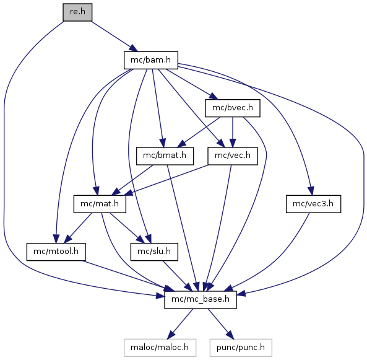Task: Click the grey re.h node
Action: tap(77, 12)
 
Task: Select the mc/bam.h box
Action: tap(151, 60)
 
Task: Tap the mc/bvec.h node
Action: tap(233, 108)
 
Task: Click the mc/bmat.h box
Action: tap(165, 156)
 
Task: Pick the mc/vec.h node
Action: tap(233, 156)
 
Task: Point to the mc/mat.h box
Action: tap(100, 204)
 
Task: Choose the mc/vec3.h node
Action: tap(313, 204)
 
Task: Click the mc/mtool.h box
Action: tap(56, 252)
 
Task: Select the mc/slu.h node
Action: tap(154, 252)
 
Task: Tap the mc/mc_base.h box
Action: tap(201, 300)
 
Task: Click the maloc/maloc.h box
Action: tap(160, 348)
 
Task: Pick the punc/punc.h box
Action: tap(241, 348)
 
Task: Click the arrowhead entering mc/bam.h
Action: tap(134, 48)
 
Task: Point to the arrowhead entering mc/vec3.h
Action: tap(311, 191)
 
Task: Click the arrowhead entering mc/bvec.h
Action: tap(214, 96)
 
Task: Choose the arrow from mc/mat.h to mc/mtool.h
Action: tap(78, 228)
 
